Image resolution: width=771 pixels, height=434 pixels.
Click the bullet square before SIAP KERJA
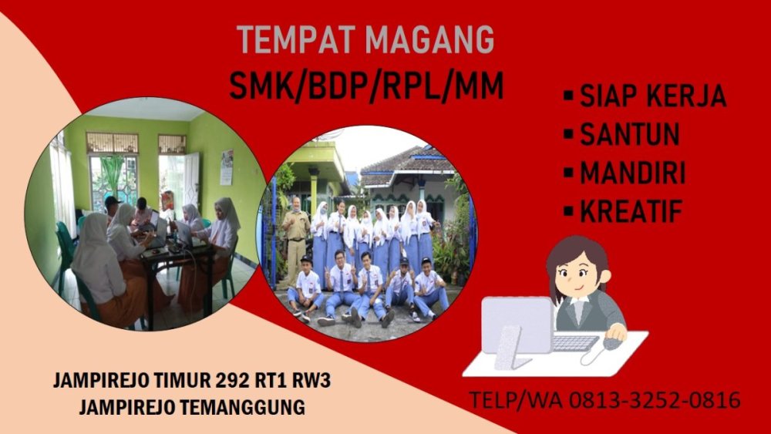pos(567,97)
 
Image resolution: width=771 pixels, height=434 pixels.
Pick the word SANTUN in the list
pos(630,134)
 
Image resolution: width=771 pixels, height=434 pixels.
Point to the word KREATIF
pos(631,210)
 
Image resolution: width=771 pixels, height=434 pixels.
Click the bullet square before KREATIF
pos(567,210)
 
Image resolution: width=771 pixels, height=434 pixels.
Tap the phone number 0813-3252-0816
pos(655,401)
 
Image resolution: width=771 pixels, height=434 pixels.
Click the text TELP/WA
pos(517,401)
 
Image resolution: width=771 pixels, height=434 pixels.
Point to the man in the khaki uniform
pos(295,231)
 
